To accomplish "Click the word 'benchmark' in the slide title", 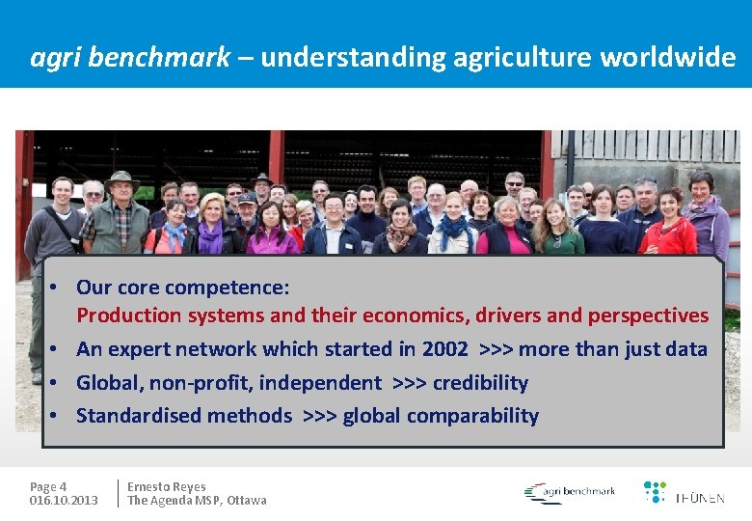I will click(x=160, y=58).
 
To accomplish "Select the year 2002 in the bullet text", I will click(x=445, y=349).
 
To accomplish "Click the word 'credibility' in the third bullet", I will click(x=480, y=383).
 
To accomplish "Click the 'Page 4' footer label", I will click(x=48, y=487).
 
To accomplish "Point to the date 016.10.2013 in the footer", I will click(x=64, y=501).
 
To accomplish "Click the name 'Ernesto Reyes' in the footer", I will click(x=167, y=487).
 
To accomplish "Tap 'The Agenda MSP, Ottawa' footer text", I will click(x=197, y=501).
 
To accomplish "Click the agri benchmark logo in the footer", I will click(x=570, y=493).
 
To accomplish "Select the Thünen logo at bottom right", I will click(x=684, y=493).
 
